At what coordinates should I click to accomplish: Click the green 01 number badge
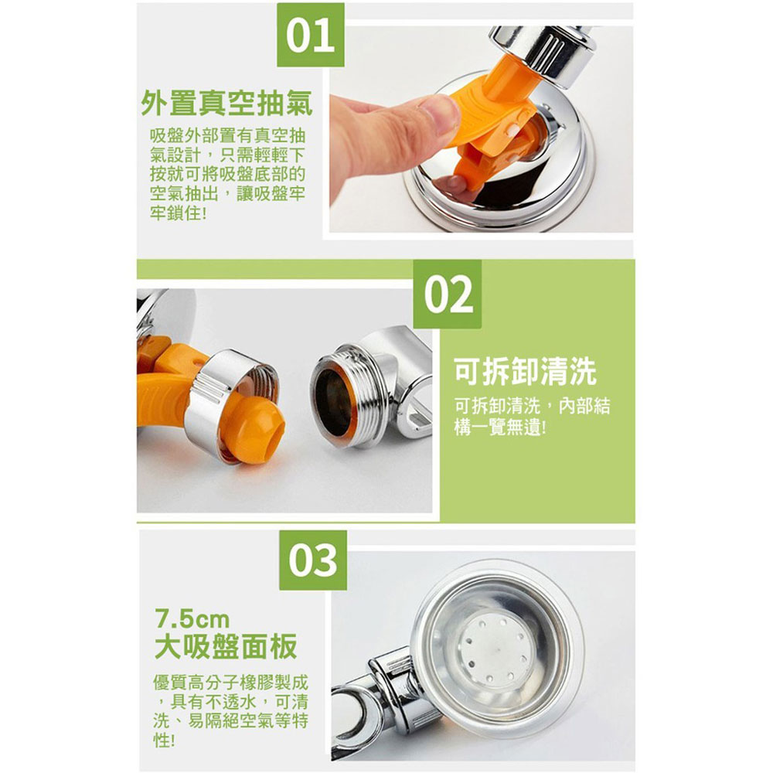point(310,35)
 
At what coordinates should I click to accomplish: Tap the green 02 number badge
point(447,295)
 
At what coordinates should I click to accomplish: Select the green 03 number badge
point(312,560)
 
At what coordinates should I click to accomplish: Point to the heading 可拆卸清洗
point(525,371)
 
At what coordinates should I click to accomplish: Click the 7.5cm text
point(192,619)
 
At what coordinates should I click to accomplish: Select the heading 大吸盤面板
point(226,645)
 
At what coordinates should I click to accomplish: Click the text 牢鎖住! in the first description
point(178,213)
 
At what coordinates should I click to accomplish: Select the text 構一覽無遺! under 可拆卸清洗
point(500,427)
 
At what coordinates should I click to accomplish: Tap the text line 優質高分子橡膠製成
point(230,683)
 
